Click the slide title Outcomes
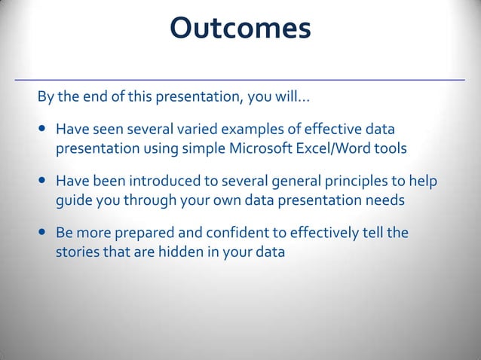click(240, 29)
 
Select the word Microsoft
click(259, 148)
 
